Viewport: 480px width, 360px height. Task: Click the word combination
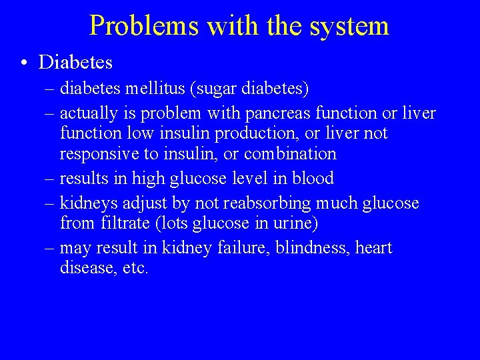pos(290,154)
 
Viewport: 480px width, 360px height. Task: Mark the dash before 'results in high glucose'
pos(51,179)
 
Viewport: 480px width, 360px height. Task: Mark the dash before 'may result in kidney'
pos(51,249)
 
